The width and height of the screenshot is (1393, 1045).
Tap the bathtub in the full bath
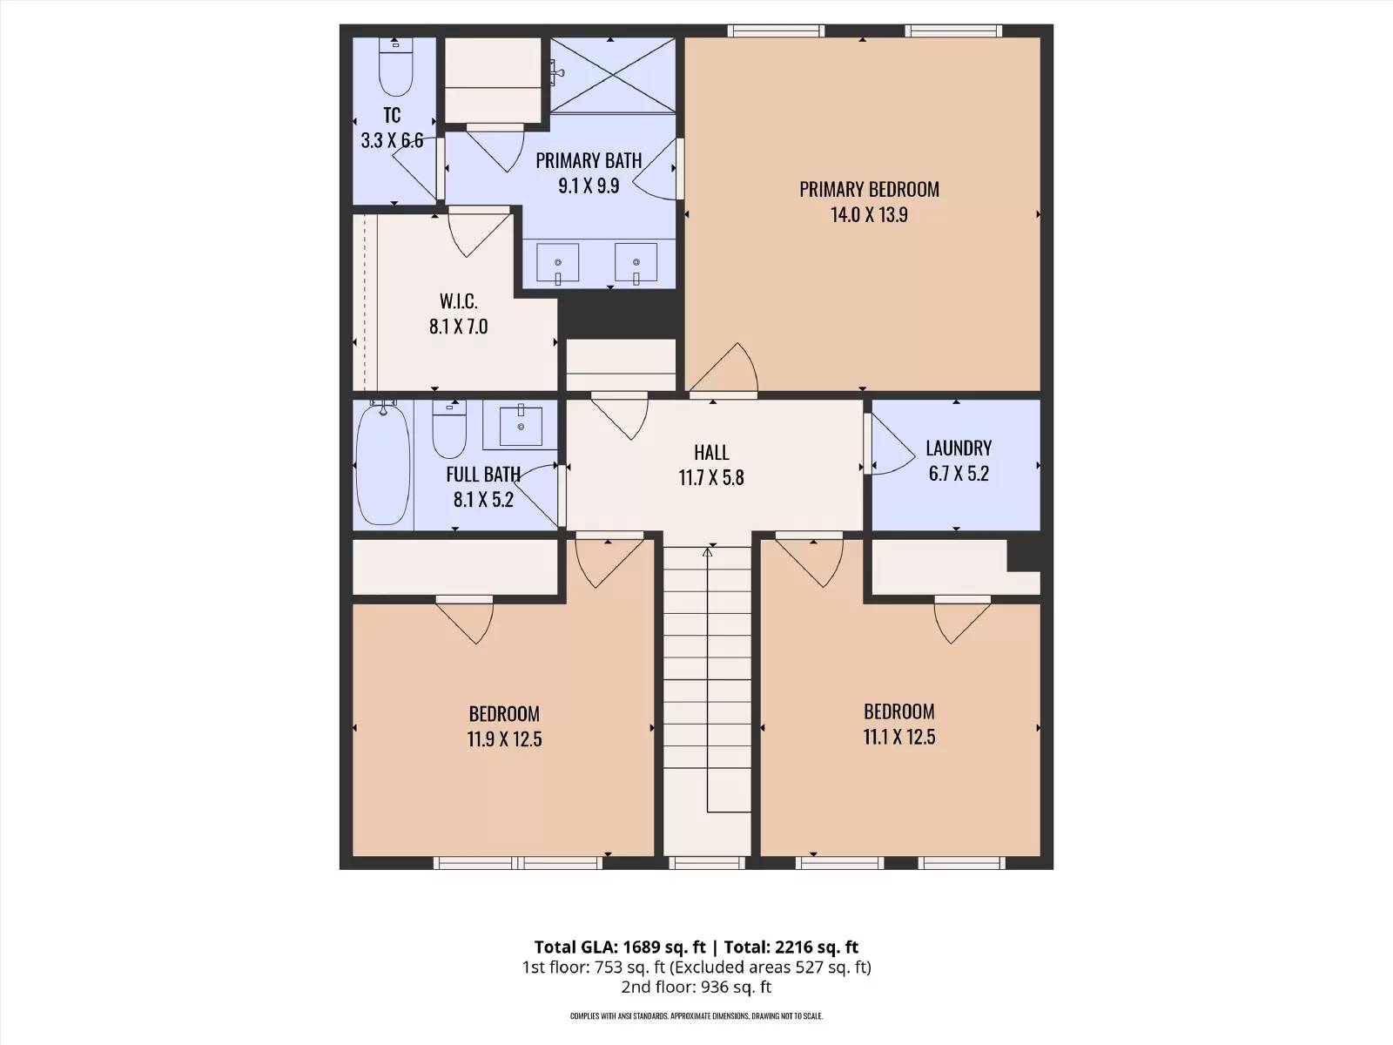point(383,465)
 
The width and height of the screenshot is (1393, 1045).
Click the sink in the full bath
point(521,427)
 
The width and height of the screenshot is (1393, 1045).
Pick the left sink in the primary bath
point(558,263)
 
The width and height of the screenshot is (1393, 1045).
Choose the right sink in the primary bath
point(636,263)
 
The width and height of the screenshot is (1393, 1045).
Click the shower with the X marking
point(612,75)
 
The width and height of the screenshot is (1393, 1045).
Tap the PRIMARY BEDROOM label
point(869,189)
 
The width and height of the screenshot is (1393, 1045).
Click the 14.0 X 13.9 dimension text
point(869,214)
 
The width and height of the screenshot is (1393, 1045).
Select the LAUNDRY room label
point(959,448)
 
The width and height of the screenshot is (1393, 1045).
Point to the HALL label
point(711,452)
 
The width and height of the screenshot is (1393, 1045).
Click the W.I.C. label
point(458,300)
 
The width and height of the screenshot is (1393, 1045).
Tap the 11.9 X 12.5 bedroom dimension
point(504,739)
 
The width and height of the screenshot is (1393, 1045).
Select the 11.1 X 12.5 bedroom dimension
point(899,737)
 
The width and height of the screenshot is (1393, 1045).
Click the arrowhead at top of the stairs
point(708,552)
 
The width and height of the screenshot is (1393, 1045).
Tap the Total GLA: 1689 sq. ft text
point(619,947)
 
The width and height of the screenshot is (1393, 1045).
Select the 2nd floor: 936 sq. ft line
point(696,987)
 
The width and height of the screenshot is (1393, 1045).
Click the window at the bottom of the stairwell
point(707,863)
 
